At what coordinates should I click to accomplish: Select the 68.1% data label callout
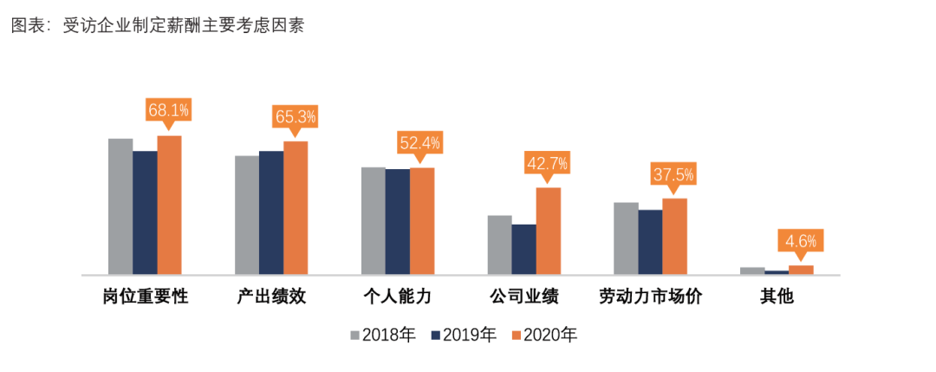(x=169, y=110)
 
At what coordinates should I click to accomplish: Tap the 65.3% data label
(x=296, y=116)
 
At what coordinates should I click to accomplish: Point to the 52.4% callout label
(x=420, y=142)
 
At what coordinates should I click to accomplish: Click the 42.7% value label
(x=547, y=162)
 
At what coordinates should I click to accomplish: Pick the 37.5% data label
(x=673, y=174)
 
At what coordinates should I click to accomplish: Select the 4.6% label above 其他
(x=800, y=240)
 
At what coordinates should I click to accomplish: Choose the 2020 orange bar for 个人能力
(x=422, y=221)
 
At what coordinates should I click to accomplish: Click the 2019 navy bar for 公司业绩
(x=523, y=249)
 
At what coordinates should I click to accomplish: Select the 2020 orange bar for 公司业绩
(x=548, y=231)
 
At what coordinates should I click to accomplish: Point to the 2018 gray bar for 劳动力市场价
(x=626, y=238)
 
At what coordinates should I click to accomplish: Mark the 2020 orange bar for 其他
(x=801, y=270)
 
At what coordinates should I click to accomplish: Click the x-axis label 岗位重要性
(x=145, y=297)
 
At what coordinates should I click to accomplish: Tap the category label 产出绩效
(x=271, y=297)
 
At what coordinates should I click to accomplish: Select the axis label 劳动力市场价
(x=650, y=297)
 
